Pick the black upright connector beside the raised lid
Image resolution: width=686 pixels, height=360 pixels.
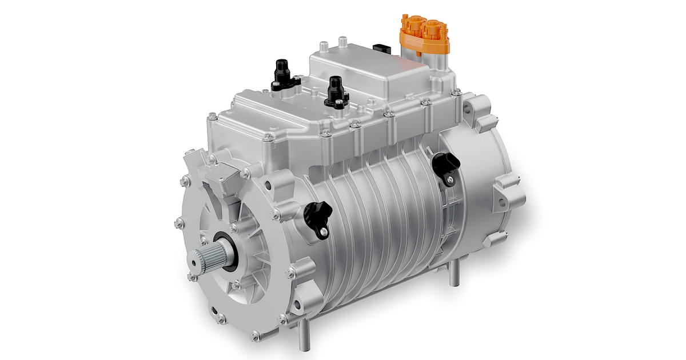click(x=336, y=91)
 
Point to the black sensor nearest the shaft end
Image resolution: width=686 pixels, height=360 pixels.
click(x=316, y=217)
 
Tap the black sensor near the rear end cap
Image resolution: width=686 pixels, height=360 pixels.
click(x=446, y=166)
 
